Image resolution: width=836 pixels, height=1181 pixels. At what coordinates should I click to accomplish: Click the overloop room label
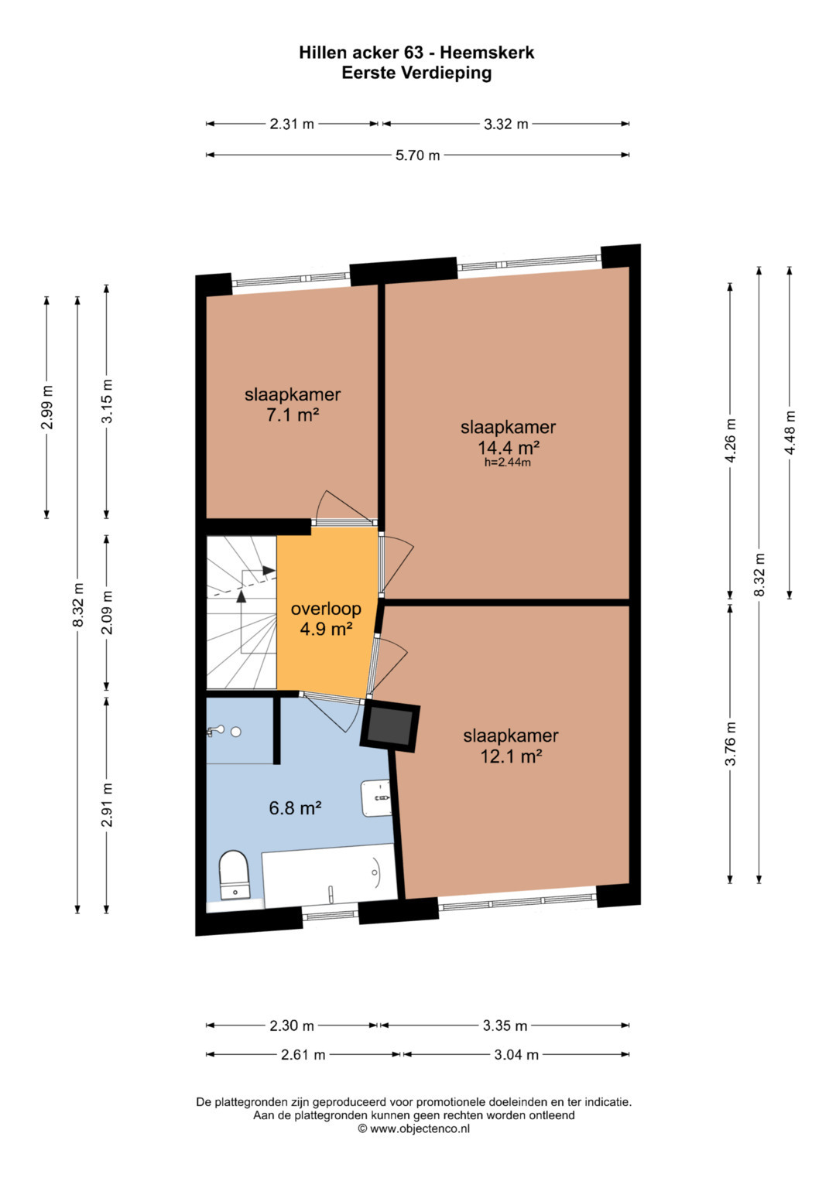coord(326,609)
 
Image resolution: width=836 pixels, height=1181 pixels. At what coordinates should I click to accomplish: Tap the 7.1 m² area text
coord(293,415)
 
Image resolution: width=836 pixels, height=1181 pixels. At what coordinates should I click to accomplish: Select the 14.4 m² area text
coord(509,448)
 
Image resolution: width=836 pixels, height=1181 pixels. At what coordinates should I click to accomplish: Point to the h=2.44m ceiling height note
coord(508,463)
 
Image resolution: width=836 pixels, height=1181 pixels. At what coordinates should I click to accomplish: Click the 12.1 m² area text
coord(511,756)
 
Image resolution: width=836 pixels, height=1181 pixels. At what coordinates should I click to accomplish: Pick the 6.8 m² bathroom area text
coord(296,807)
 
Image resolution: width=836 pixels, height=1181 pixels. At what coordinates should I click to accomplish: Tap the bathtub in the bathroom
coord(330,876)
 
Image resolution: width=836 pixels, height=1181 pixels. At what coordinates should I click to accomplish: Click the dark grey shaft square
coord(390,727)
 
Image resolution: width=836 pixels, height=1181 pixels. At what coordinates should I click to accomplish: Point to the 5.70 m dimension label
coord(417,155)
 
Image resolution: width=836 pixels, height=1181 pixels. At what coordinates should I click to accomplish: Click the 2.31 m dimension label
coord(292,124)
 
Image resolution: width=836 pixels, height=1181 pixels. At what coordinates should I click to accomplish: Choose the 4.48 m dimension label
coord(790,432)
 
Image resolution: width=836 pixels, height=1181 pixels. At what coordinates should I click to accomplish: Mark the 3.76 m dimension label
coord(730,743)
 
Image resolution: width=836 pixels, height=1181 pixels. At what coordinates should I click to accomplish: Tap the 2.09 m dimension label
coord(107,612)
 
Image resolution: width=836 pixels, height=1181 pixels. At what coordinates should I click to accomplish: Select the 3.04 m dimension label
coord(516,1054)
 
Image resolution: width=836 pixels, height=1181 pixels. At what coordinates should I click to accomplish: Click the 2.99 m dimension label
coord(47,408)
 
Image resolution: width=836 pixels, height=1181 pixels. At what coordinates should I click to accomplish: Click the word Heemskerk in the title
coord(487,53)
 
